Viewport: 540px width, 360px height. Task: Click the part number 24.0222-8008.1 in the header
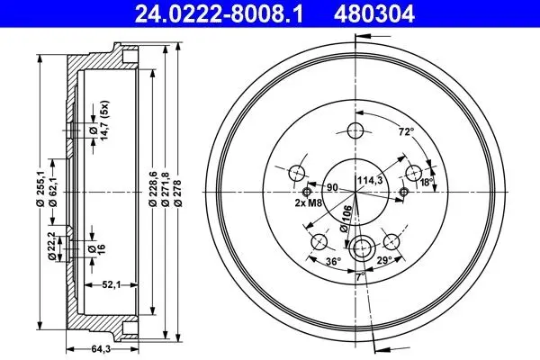point(219,13)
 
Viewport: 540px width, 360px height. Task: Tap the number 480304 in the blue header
point(373,13)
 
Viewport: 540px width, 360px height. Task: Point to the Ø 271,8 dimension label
point(166,188)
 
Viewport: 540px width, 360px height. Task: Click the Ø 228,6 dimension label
point(153,188)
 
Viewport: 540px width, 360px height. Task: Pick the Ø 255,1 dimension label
point(40,188)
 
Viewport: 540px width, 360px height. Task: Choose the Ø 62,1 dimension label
point(53,191)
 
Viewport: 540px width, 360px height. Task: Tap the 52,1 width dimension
point(111,284)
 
